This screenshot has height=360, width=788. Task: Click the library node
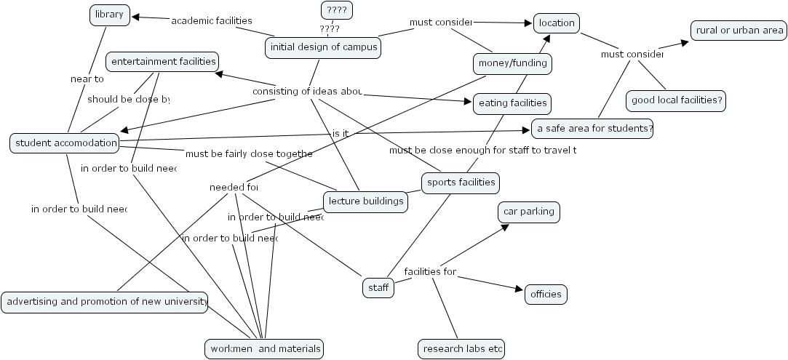(110, 15)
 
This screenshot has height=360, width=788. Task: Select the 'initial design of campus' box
(324, 48)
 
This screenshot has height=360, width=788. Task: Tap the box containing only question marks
(337, 10)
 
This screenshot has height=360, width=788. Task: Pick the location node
(557, 23)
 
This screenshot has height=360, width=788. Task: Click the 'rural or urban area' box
(739, 30)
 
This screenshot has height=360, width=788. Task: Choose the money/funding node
(512, 64)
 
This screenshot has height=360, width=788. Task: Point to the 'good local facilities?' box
(676, 100)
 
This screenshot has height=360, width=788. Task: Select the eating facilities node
(512, 104)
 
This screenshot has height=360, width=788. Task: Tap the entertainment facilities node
(162, 62)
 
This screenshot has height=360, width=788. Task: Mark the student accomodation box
(65, 143)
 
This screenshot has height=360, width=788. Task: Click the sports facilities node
(461, 183)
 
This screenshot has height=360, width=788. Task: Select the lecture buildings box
(365, 201)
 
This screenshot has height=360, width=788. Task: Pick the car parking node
(529, 212)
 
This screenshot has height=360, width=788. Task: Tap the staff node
(378, 288)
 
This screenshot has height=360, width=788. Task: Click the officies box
(546, 295)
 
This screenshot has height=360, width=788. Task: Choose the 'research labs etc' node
(461, 349)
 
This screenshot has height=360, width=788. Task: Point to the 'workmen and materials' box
(265, 349)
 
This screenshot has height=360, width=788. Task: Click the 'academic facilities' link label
(212, 20)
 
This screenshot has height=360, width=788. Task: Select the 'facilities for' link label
(430, 272)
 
